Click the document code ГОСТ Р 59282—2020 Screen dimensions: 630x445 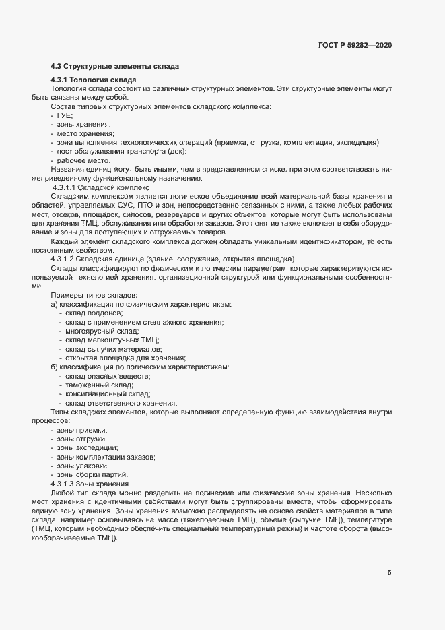tap(355, 46)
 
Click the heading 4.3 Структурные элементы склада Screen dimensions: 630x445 tap(114, 66)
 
